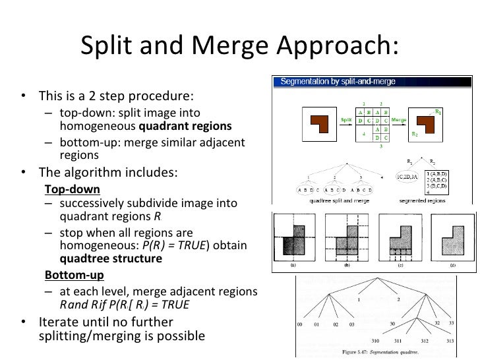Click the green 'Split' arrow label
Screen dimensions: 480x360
(x=346, y=120)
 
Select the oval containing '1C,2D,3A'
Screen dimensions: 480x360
(x=405, y=177)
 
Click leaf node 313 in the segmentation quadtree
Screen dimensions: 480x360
(x=452, y=341)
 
